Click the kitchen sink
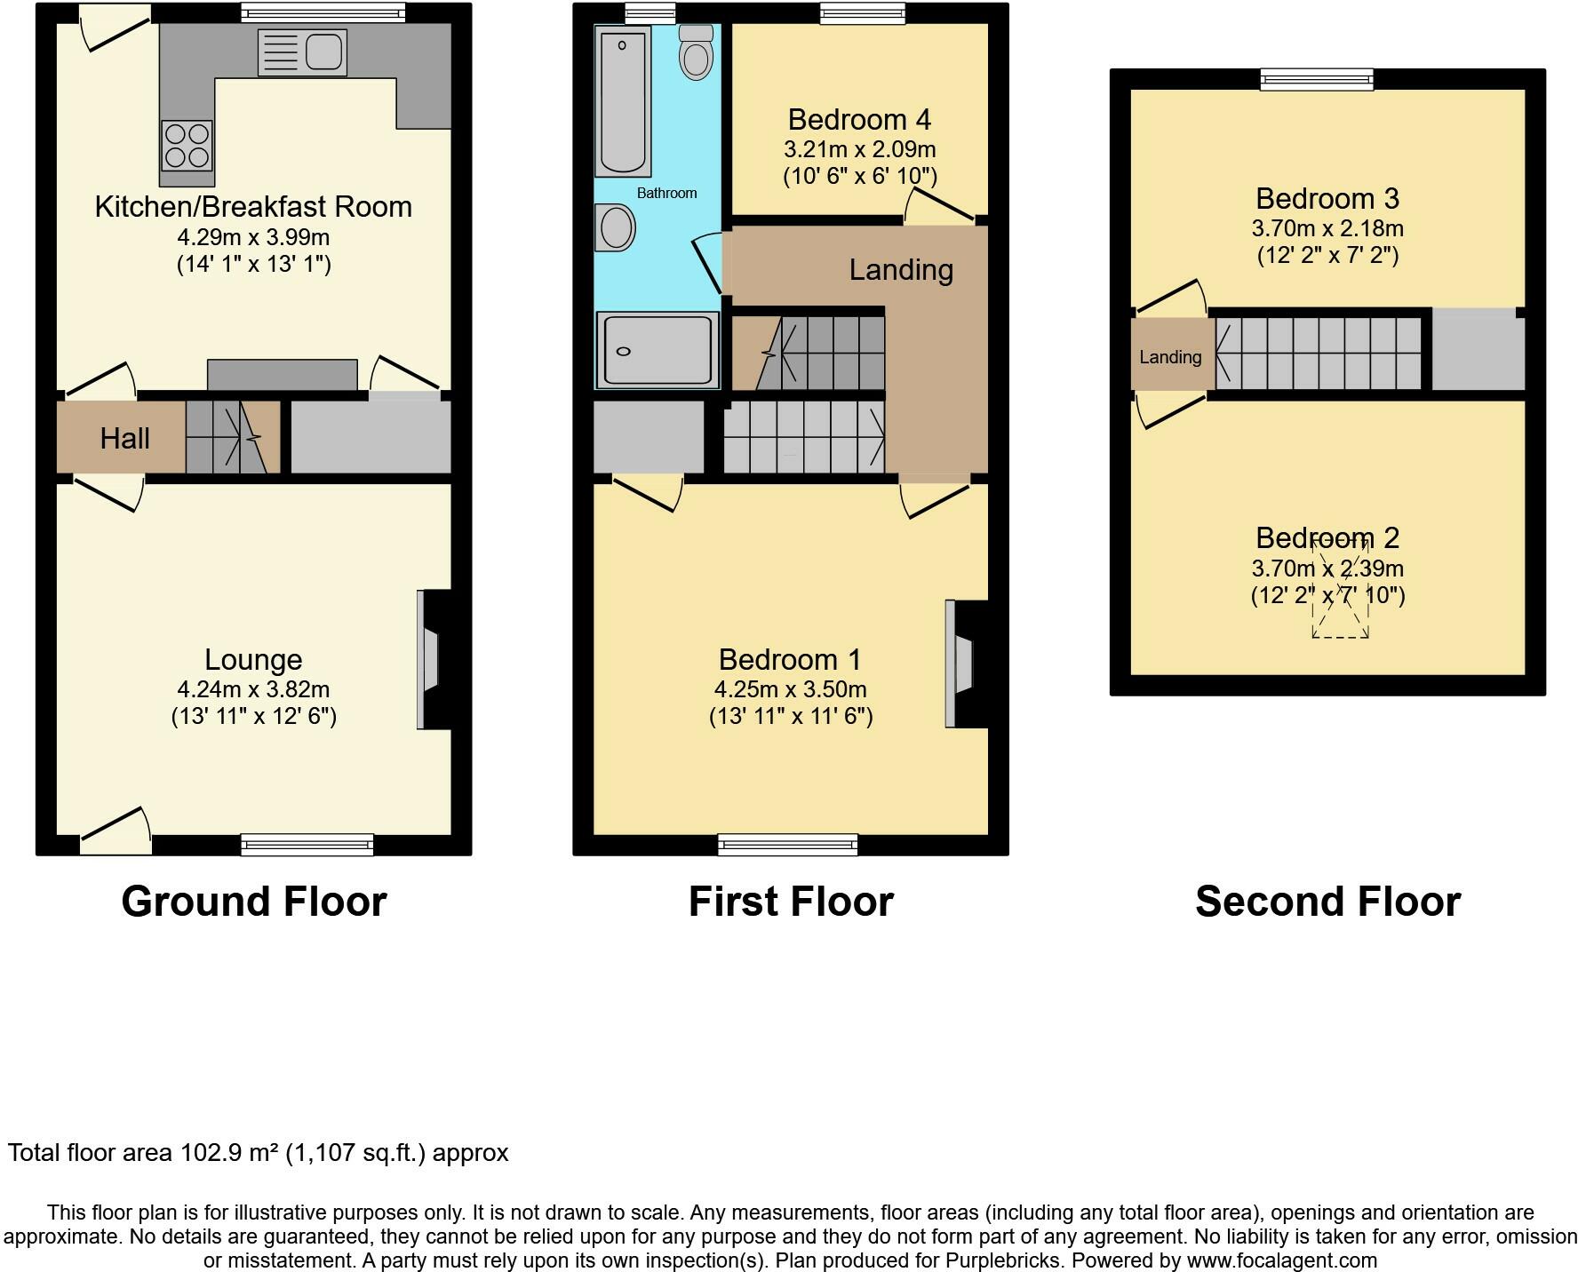[x=302, y=52]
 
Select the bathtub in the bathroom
[x=622, y=100]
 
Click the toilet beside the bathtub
[x=696, y=53]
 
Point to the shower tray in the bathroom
[x=657, y=350]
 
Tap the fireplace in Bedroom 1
[x=961, y=664]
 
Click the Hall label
[x=124, y=438]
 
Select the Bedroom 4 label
[x=859, y=119]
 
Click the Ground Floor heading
[x=254, y=901]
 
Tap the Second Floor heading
[x=1327, y=901]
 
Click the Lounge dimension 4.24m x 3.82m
[x=253, y=689]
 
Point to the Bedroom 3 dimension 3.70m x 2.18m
[x=1327, y=228]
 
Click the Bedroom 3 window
[x=1317, y=80]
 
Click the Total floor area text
[x=258, y=1153]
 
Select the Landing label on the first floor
[x=901, y=269]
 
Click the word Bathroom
[x=666, y=193]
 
